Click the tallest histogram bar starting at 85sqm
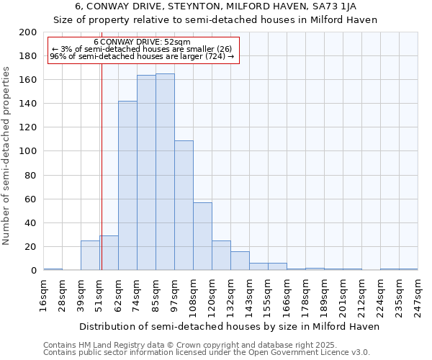click(x=165, y=172)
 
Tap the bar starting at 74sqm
click(x=146, y=173)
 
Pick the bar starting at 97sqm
click(x=184, y=205)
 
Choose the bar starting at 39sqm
click(x=90, y=256)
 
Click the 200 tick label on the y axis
click(x=28, y=32)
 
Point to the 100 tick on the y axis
click(x=28, y=151)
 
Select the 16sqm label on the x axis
click(x=44, y=295)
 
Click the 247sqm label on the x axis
click(x=418, y=295)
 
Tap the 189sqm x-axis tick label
click(x=325, y=295)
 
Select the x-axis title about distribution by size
click(x=229, y=326)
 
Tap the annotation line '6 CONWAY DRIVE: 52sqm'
click(x=142, y=42)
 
